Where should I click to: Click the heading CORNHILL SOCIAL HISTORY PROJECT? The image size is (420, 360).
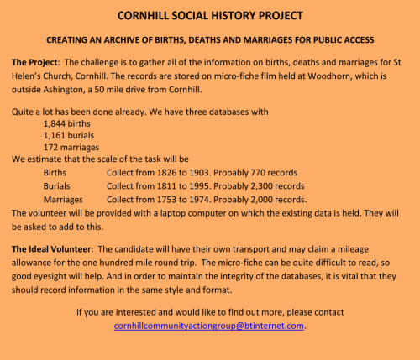pyautogui.click(x=211, y=16)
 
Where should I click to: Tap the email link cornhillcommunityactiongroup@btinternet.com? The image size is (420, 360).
pyautogui.click(x=210, y=326)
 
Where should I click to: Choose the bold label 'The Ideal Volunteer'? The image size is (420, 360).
pyautogui.click(x=54, y=249)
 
